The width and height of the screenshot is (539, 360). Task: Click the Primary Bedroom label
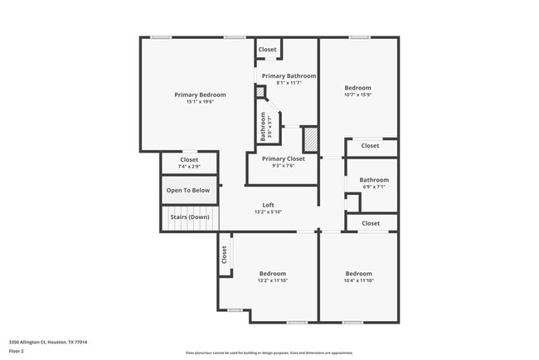pyautogui.click(x=200, y=95)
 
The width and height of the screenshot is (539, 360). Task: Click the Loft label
pyautogui.click(x=268, y=205)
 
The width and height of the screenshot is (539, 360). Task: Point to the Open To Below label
pyautogui.click(x=188, y=190)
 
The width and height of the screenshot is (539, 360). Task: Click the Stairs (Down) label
pyautogui.click(x=188, y=217)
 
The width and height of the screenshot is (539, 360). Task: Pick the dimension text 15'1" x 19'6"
pyautogui.click(x=200, y=102)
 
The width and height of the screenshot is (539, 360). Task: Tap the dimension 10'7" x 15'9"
pyautogui.click(x=358, y=95)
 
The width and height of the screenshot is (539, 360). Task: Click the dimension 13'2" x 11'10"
pyautogui.click(x=272, y=280)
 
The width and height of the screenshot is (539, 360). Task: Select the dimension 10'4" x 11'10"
pyautogui.click(x=358, y=280)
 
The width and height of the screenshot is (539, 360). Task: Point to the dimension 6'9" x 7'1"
pyautogui.click(x=374, y=187)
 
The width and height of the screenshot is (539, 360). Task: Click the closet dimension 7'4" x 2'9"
pyautogui.click(x=189, y=167)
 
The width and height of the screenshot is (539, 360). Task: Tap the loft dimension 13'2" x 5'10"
pyautogui.click(x=268, y=212)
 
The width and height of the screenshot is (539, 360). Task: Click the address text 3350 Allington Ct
pyautogui.click(x=48, y=342)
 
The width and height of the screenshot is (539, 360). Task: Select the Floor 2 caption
pyautogui.click(x=18, y=351)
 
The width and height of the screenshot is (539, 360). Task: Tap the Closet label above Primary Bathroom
pyautogui.click(x=267, y=50)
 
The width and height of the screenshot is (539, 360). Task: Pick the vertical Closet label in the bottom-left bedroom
pyautogui.click(x=224, y=255)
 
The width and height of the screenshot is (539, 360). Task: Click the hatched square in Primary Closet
pyautogui.click(x=310, y=138)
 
